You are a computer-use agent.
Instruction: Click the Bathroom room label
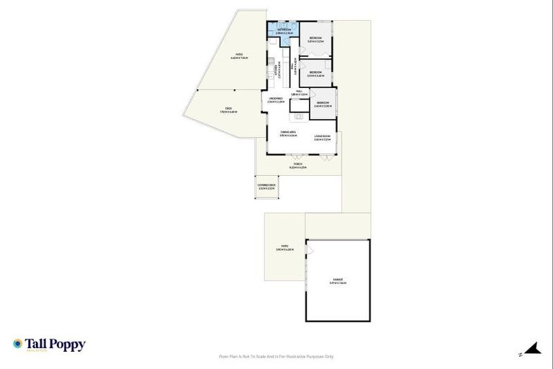[x=284, y=30]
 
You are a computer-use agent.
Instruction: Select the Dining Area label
[x=289, y=133]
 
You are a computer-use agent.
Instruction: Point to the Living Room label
[x=322, y=136]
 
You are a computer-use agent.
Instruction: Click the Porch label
[x=298, y=165]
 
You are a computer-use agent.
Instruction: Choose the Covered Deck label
[x=266, y=186]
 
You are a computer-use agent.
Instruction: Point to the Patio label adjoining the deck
[x=239, y=55]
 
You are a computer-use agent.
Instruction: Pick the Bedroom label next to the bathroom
[x=315, y=39]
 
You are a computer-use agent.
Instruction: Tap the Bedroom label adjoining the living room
[x=323, y=103]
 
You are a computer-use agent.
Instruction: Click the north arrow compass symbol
[x=531, y=350]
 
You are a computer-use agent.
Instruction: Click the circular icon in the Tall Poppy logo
[x=17, y=344]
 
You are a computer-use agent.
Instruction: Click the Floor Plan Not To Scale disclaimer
[x=276, y=356]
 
